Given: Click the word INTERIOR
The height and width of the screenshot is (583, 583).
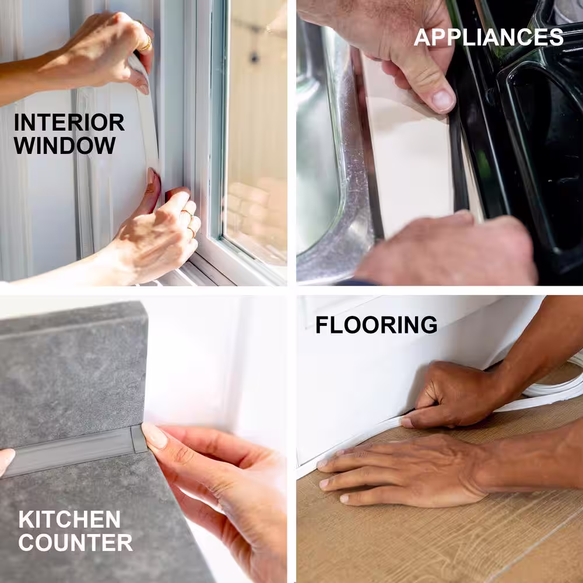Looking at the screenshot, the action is [69, 122].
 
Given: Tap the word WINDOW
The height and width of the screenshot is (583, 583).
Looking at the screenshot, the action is [65, 145].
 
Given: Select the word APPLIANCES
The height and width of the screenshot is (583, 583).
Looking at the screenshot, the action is [489, 37].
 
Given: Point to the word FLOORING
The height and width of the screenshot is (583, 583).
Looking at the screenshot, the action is [376, 325].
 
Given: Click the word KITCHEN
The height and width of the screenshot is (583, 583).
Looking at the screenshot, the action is [69, 519].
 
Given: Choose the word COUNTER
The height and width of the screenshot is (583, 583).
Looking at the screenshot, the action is [75, 542].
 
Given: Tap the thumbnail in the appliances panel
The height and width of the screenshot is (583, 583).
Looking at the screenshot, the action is [442, 100].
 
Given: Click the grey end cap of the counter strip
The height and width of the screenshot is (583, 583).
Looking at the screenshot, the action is [139, 439].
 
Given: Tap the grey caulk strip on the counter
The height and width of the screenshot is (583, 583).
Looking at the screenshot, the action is [75, 451].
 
